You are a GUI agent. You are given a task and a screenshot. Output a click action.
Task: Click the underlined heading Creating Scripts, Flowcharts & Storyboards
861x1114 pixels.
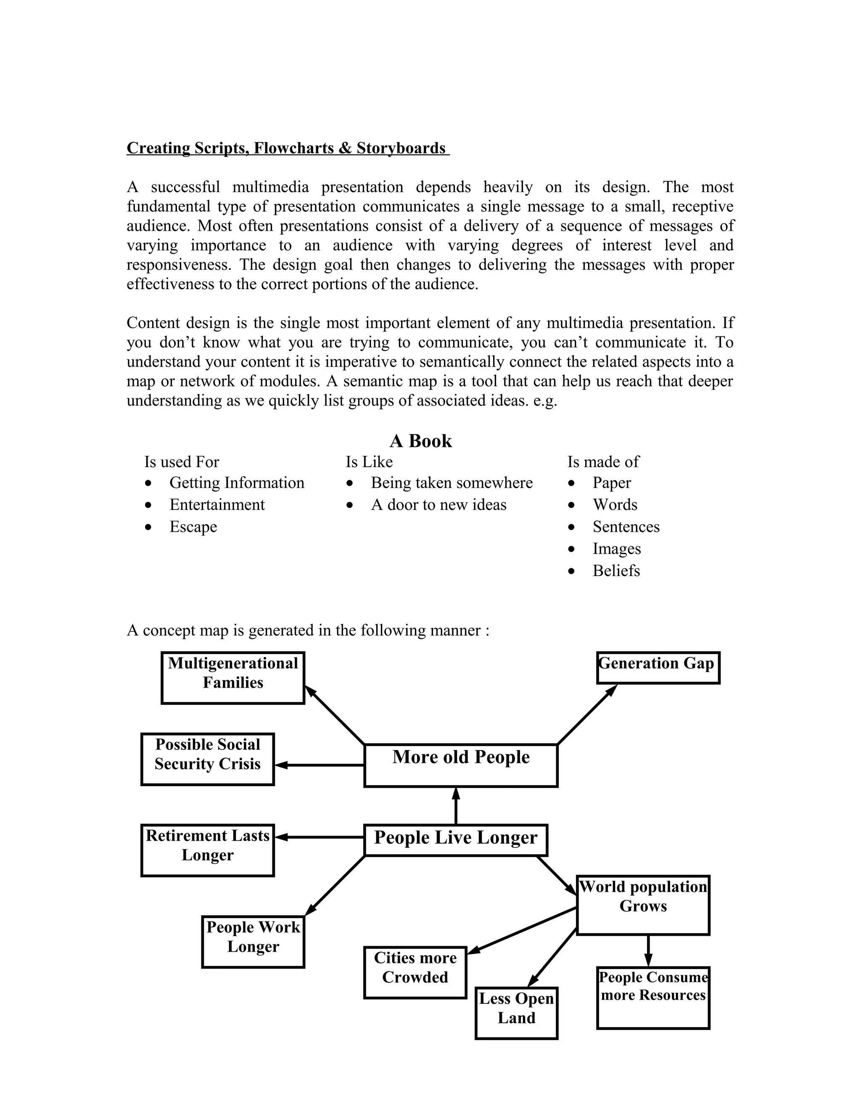287,148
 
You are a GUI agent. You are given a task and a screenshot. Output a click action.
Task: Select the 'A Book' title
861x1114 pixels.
421,441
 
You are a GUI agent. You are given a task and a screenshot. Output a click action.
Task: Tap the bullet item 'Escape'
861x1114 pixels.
193,526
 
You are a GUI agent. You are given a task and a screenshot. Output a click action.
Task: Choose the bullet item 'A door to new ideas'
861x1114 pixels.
438,504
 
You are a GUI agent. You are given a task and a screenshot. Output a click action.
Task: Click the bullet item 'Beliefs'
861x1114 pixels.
615,570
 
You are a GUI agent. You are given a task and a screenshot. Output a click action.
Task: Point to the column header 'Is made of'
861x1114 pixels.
603,462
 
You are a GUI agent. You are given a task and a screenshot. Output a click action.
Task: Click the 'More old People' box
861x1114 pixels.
461,765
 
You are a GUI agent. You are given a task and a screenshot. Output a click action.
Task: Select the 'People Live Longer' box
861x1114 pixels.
455,839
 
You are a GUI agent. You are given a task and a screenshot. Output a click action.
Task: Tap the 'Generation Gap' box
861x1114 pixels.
658,667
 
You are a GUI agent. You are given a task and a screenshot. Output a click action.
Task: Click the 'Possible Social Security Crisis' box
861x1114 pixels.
207,759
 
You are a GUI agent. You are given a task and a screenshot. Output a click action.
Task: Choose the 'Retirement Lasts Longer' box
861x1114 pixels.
207,850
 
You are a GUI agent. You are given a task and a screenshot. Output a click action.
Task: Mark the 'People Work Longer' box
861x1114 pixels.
253,942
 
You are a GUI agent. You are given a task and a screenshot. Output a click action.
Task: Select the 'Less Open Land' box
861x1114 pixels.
516,1013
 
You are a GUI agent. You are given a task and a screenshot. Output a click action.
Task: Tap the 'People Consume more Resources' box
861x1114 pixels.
653,998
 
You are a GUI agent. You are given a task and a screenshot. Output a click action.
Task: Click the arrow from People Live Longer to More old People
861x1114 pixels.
455,805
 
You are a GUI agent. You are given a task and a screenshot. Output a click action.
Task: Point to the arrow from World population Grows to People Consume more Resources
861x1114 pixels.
648,950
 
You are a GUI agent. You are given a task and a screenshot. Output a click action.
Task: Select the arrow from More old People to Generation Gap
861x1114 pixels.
586,714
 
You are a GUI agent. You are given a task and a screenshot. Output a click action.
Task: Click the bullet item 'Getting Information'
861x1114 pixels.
237,483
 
